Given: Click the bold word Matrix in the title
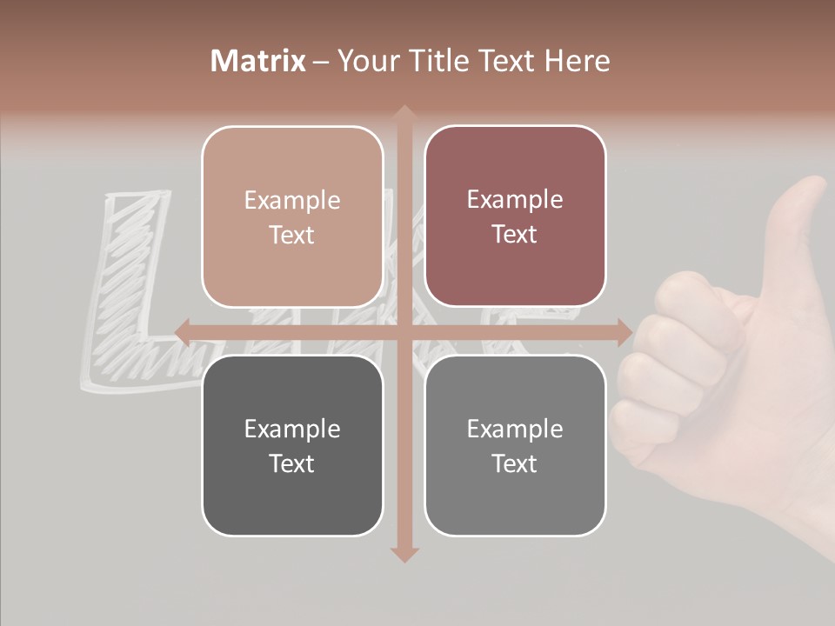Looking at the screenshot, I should [x=258, y=61].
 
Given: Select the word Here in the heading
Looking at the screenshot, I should [x=577, y=61].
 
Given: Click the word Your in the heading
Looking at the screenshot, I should [x=365, y=61].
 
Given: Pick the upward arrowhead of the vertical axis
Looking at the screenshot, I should [x=404, y=114].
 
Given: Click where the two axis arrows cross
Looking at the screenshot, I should [x=404, y=331].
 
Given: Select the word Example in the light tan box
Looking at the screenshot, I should [x=292, y=201].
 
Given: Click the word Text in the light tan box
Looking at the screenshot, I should [x=292, y=235].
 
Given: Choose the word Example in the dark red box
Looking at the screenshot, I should [x=515, y=200].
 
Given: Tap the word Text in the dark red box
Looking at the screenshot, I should [x=515, y=234].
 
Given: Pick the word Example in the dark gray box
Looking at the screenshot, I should [x=292, y=430].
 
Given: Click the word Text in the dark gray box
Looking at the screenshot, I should [x=292, y=463].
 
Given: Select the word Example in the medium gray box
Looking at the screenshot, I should [x=515, y=430].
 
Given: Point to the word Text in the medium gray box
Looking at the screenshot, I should [x=515, y=463].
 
